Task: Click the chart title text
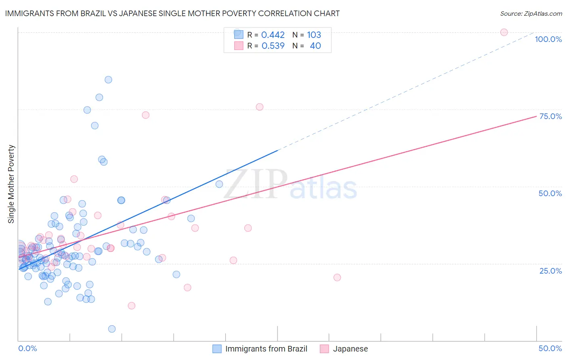coord(172,13)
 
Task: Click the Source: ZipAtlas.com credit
coord(531,13)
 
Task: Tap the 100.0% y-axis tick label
coord(548,39)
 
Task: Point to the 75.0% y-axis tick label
coord(550,116)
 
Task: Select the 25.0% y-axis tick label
coord(550,270)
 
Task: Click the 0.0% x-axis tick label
coord(27,348)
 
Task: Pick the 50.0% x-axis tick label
coord(550,348)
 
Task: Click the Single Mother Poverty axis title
coord(11,184)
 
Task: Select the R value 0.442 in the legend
coord(273,35)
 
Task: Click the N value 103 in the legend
coord(314,35)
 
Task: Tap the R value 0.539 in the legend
coord(273,46)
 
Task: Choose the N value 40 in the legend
coord(315,46)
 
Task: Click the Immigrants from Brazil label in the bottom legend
coord(266,349)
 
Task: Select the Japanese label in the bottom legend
coord(350,349)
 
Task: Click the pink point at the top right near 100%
coord(504,32)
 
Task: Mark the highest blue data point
coord(108,80)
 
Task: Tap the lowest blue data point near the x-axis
coord(112,329)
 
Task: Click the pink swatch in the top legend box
coord(239,46)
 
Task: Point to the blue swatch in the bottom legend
coord(217,349)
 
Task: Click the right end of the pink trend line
coord(536,116)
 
